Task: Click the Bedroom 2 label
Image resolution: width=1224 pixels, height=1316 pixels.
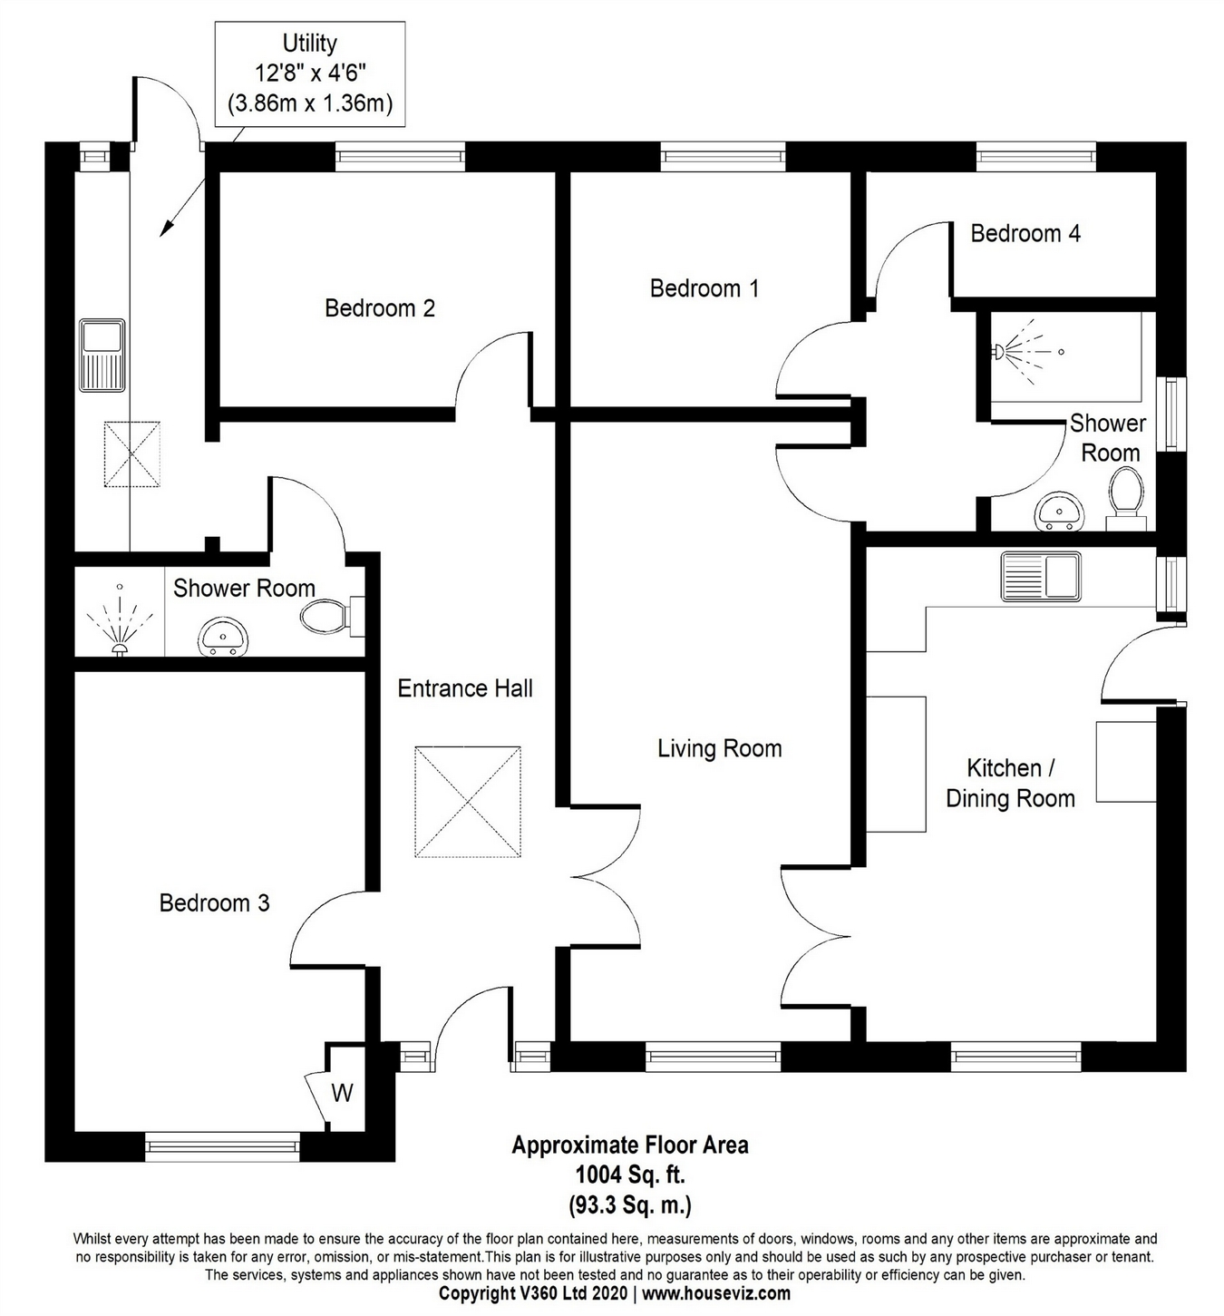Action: (x=379, y=308)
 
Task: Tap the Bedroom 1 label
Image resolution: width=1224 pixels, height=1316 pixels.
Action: (x=704, y=288)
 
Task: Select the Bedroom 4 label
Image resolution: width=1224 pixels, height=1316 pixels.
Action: (x=1025, y=234)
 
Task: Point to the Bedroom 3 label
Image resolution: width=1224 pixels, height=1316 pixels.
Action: (x=214, y=903)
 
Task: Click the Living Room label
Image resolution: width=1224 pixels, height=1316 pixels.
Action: (x=719, y=749)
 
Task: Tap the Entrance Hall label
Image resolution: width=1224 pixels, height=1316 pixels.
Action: (x=465, y=688)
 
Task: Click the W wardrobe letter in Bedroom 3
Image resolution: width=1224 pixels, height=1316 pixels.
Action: (x=342, y=1093)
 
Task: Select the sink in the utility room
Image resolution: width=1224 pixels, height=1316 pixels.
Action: (x=102, y=355)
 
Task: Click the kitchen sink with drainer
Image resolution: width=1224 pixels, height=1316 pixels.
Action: (x=1040, y=577)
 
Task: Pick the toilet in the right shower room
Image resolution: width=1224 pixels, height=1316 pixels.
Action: (x=1125, y=494)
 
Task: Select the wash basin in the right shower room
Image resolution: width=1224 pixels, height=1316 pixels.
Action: (x=1057, y=512)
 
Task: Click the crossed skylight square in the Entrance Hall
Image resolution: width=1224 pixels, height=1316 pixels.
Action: (x=468, y=802)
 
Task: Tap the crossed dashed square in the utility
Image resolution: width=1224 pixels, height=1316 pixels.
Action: (x=132, y=454)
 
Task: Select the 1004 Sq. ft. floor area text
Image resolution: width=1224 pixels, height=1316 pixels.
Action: (x=629, y=1175)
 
